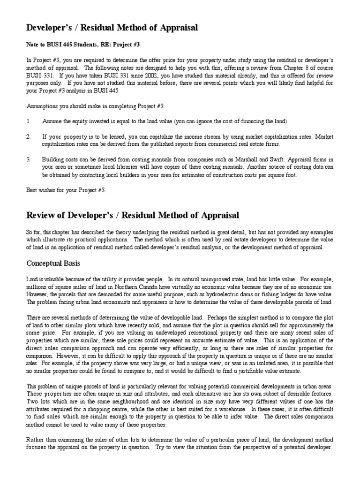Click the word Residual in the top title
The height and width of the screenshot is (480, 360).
(101, 28)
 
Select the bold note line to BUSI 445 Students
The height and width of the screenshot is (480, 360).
(82, 45)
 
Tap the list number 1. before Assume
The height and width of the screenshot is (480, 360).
(29, 121)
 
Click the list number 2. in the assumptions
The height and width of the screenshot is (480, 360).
(29, 136)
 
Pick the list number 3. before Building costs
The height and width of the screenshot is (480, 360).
(29, 159)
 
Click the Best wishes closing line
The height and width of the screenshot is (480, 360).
(66, 190)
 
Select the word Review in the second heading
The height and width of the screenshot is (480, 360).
(41, 215)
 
